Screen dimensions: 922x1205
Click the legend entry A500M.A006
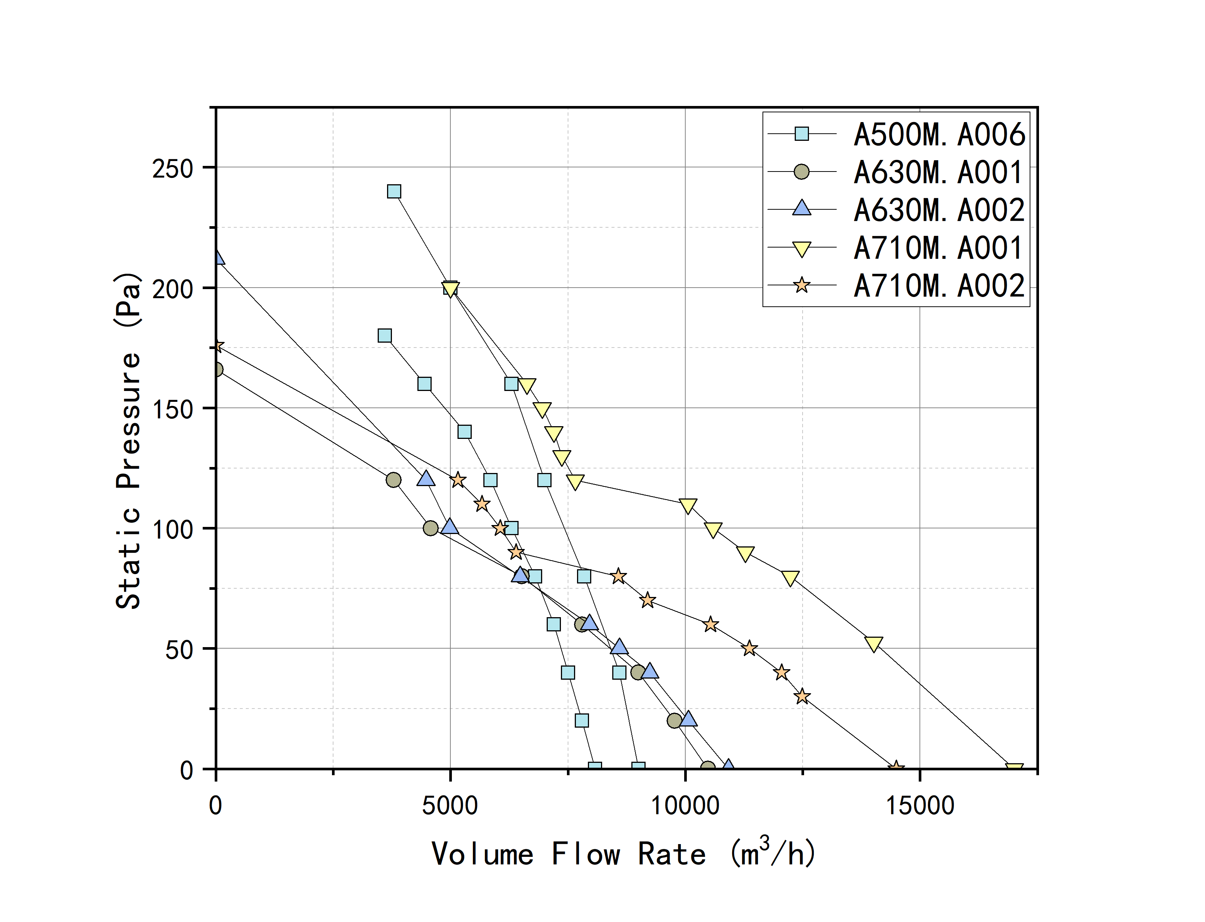[x=939, y=134]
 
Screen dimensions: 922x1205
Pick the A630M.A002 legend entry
[x=939, y=210]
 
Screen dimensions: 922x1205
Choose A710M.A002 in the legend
[x=939, y=286]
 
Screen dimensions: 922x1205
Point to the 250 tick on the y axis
[x=173, y=168]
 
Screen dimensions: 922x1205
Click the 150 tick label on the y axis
[x=173, y=409]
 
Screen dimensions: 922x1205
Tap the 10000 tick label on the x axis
[x=685, y=806]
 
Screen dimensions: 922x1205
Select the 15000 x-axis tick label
[x=920, y=806]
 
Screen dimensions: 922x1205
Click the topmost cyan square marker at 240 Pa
[x=394, y=191]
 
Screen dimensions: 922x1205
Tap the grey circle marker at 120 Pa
[x=393, y=480]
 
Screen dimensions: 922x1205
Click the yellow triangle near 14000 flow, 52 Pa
[x=873, y=644]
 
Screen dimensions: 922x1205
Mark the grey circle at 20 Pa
[x=675, y=721]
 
